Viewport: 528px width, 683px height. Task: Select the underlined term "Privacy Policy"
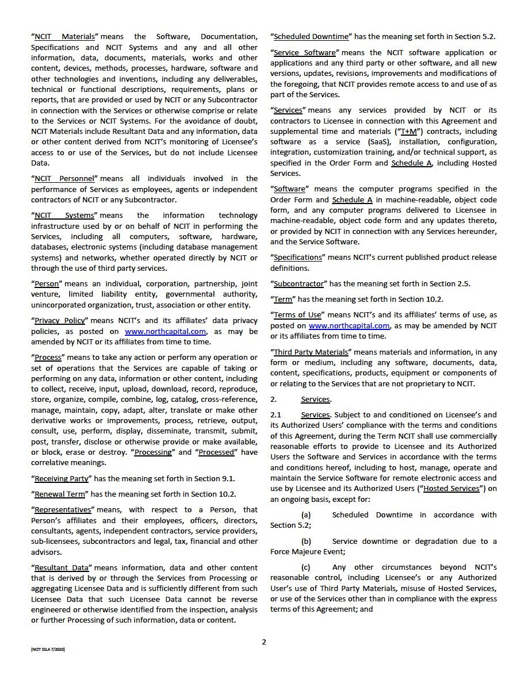click(60, 321)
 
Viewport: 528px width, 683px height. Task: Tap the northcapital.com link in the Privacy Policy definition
click(165, 331)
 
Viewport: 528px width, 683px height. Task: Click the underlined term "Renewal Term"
click(60, 494)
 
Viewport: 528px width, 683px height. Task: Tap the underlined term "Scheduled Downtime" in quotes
click(311, 37)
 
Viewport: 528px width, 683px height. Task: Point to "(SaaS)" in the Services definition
click(367, 142)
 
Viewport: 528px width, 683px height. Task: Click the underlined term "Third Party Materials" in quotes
click(311, 352)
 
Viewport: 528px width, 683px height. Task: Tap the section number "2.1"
click(276, 415)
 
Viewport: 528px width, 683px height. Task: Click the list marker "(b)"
click(306, 541)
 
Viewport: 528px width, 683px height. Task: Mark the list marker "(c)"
click(306, 567)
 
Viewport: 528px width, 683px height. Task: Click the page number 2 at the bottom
click(264, 642)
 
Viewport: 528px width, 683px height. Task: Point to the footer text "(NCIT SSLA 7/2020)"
click(48, 649)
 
